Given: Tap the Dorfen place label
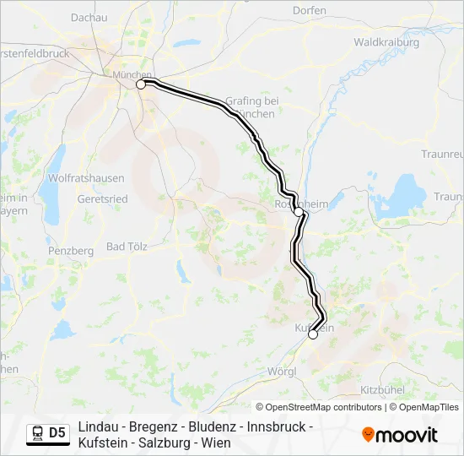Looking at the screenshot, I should click(309, 10).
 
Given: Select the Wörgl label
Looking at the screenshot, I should click(280, 371).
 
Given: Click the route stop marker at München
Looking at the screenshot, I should click(142, 84).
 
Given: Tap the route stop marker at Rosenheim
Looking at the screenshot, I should click(299, 212).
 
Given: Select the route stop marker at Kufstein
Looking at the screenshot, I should click(313, 334).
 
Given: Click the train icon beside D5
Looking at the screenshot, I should click(37, 433).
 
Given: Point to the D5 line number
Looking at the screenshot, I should click(57, 433).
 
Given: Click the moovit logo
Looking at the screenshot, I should click(400, 435).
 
